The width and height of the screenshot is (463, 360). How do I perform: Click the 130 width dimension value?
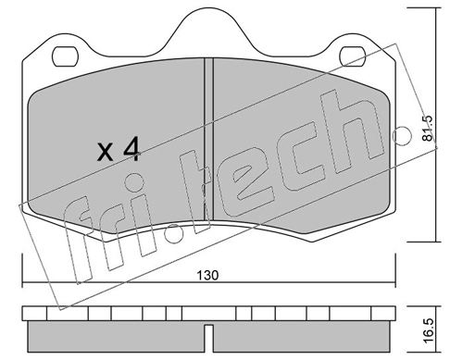pyautogui.click(x=207, y=275)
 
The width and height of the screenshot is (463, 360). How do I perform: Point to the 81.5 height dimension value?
pyautogui.click(x=428, y=129)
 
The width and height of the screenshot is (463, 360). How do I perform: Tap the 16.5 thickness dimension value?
pyautogui.click(x=428, y=331)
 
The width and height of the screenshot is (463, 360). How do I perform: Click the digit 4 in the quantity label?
pyautogui.click(x=131, y=149)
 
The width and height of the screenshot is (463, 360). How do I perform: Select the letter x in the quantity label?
pyautogui.click(x=105, y=153)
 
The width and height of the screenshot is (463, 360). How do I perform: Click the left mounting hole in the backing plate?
pyautogui.click(x=65, y=56)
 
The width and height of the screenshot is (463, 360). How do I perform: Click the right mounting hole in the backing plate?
pyautogui.click(x=353, y=56)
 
